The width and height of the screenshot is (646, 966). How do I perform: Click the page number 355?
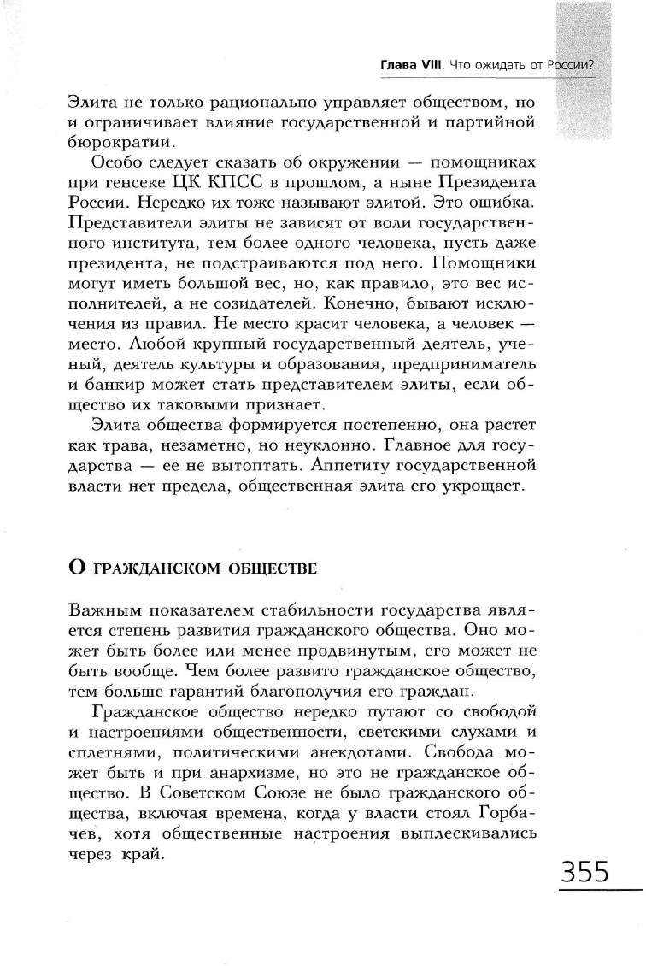pos(585,873)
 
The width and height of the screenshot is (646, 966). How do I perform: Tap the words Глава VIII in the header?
pos(410,66)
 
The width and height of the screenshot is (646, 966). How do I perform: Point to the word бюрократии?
pos(109,142)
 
